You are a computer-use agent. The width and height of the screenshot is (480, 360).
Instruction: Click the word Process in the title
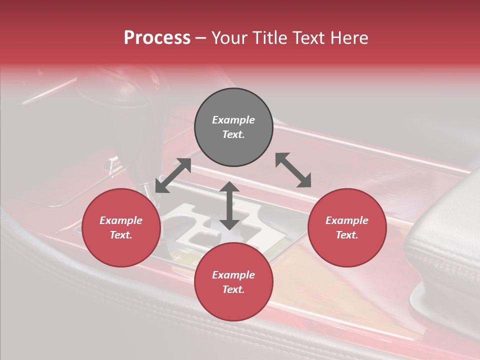[x=157, y=38]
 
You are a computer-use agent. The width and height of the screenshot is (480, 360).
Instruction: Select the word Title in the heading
[x=270, y=38]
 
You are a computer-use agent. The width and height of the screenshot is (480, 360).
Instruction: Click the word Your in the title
[x=230, y=38]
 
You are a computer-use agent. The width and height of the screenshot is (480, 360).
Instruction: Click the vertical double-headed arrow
[x=229, y=205]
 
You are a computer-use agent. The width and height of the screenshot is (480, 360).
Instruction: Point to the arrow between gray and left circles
[x=173, y=175]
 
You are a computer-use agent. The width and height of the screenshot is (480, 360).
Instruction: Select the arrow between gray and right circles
[x=293, y=170]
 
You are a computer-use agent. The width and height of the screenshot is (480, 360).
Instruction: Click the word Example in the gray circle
[x=233, y=120]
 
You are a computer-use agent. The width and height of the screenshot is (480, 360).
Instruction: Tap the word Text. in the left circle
[x=121, y=235]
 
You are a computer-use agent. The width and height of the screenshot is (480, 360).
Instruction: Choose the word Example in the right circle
[x=347, y=220]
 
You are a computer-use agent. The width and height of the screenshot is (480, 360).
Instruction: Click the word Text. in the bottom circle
[x=233, y=289]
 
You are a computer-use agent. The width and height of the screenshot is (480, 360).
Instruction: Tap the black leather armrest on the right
[x=445, y=250]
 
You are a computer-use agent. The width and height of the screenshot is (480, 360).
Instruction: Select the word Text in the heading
[x=309, y=38]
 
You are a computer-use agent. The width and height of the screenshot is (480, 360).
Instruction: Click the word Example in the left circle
[x=121, y=220]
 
